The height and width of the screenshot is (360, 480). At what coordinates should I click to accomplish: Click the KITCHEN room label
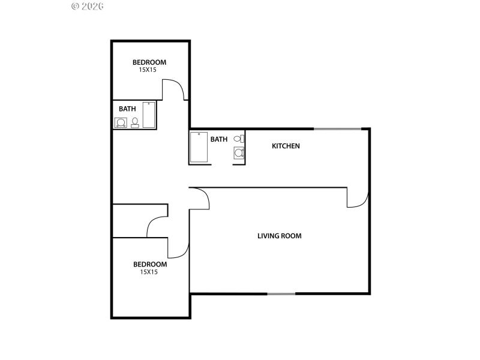point(286,146)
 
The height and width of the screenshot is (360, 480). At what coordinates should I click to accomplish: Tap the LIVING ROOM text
point(279,236)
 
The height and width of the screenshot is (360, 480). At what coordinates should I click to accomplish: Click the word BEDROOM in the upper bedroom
point(149,62)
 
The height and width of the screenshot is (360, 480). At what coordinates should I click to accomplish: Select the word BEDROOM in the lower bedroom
point(149,264)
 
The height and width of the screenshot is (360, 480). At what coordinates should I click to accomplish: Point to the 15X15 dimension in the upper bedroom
point(148,70)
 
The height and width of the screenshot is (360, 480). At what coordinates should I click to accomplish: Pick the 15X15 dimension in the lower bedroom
point(148,272)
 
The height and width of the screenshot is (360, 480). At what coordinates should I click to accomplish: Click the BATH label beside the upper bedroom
point(127,109)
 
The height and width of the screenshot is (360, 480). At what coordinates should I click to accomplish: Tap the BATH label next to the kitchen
point(218,139)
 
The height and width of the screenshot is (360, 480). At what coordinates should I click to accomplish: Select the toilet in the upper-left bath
point(135,122)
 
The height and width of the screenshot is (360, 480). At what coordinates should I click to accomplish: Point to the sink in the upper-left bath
point(121,122)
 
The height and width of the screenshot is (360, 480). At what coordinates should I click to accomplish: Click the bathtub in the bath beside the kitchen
point(198,147)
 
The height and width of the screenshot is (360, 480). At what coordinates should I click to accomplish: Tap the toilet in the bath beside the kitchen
point(238,139)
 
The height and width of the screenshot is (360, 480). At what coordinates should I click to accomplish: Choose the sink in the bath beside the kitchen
point(239,153)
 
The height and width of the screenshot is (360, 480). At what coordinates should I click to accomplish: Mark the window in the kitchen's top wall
point(338,128)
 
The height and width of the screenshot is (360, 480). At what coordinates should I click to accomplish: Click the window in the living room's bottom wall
point(281,293)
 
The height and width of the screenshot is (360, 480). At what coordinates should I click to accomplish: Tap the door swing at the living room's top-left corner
point(200,198)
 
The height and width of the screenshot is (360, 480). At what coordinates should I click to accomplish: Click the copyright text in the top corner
point(88,6)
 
